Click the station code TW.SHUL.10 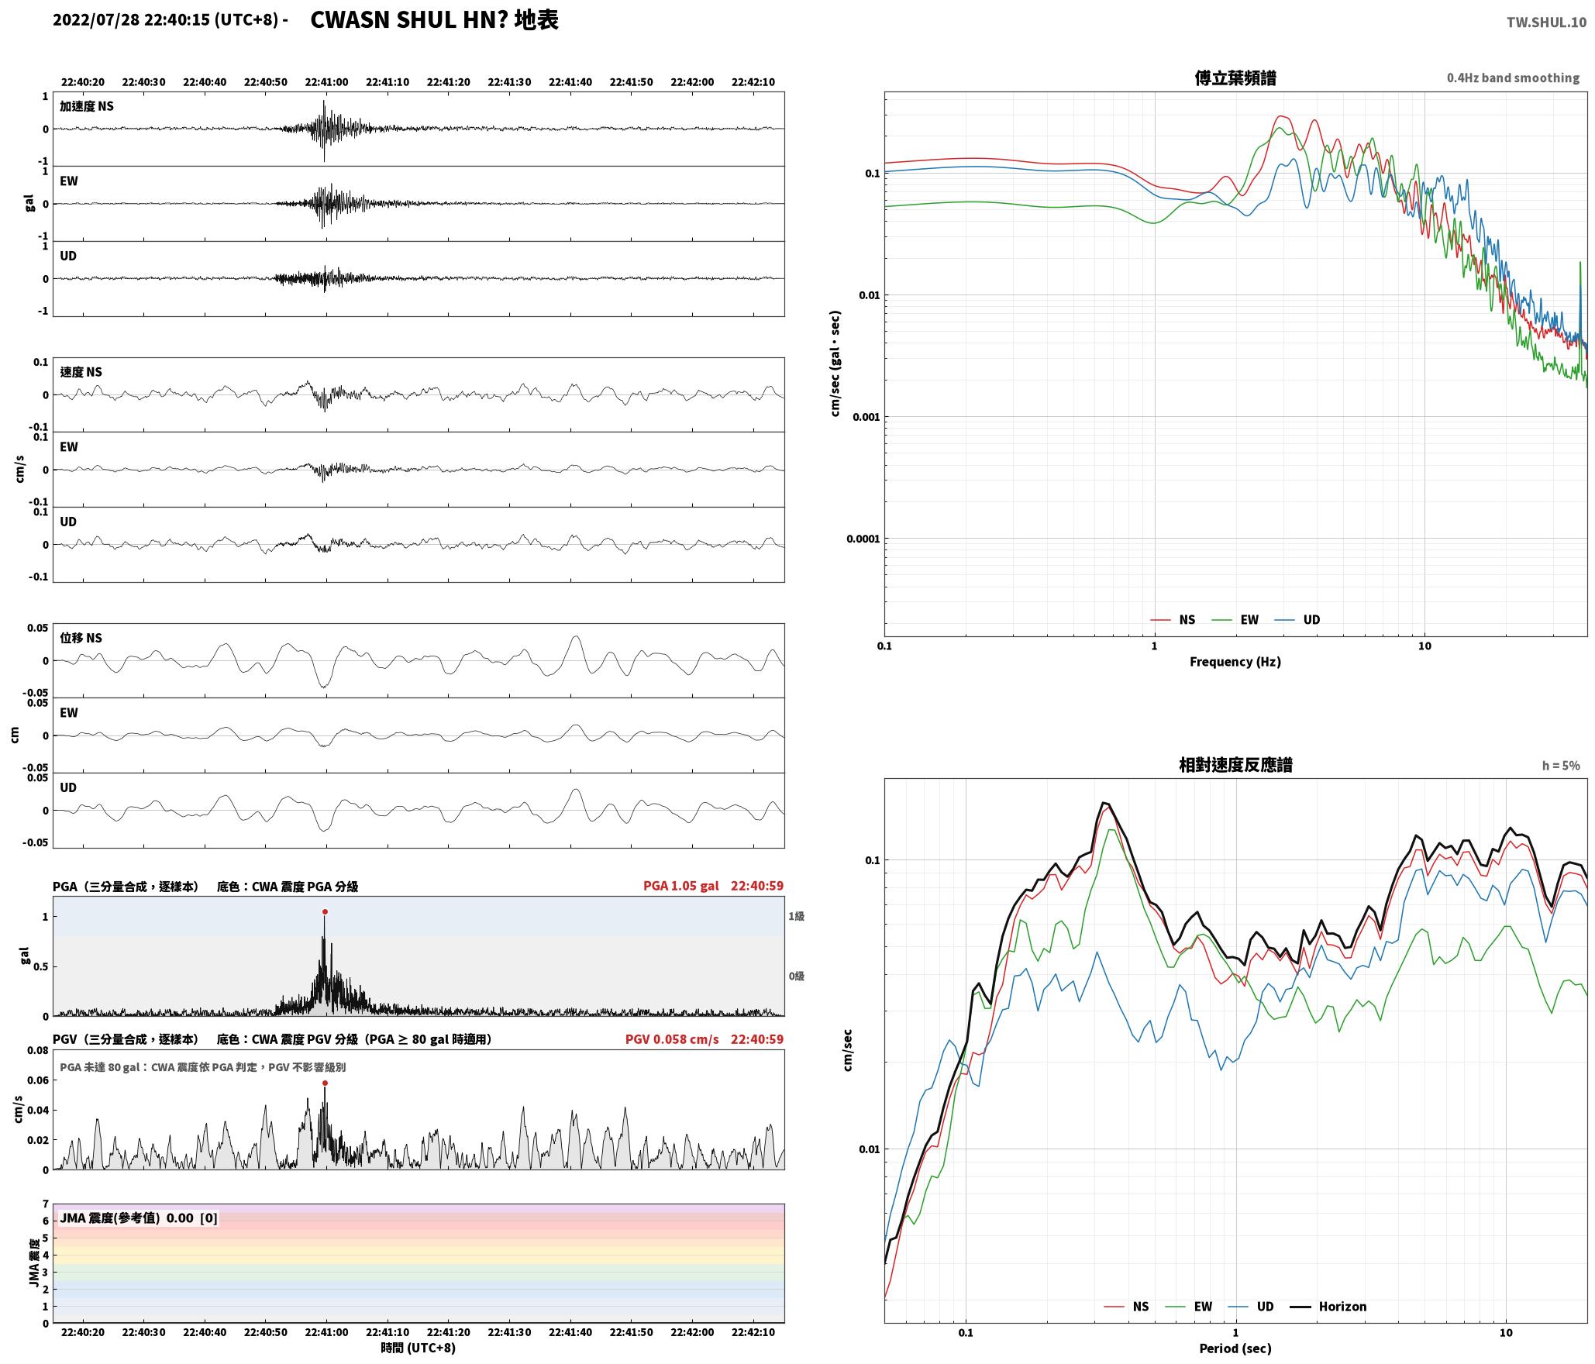coord(1546,22)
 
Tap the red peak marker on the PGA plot coord(325,911)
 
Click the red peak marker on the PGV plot coord(325,1083)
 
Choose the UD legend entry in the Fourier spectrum coord(1297,619)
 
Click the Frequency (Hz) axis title coord(1235,661)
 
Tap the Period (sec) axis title coord(1235,1348)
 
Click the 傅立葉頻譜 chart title coord(1235,77)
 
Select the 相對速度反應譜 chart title coord(1235,764)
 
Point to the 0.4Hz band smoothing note coord(1513,77)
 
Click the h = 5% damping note coord(1561,765)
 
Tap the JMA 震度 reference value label coord(139,1218)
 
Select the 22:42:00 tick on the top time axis coord(692,82)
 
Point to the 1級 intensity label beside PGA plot coord(797,916)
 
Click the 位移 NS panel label coord(81,638)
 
